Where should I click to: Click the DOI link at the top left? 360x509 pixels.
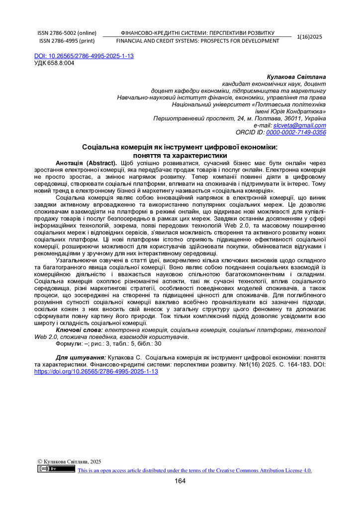[84, 56]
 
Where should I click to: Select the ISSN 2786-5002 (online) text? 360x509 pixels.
[67, 33]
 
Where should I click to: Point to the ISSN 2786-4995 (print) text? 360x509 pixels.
[67, 41]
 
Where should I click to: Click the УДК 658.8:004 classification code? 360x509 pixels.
[54, 63]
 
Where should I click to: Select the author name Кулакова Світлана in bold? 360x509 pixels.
[296, 77]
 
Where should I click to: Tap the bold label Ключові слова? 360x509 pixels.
[80, 330]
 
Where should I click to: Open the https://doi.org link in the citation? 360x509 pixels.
[96, 371]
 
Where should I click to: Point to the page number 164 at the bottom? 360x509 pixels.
[180, 481]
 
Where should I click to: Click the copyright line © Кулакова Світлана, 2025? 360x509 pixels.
[70, 462]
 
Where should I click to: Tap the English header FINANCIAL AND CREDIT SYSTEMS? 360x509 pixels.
[197, 41]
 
